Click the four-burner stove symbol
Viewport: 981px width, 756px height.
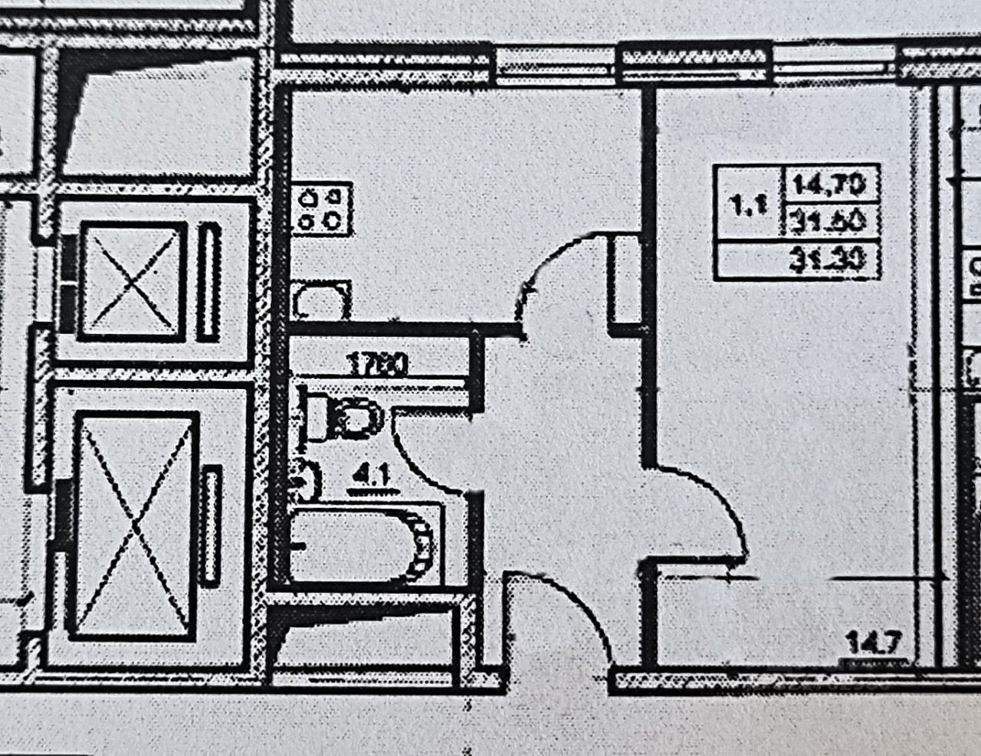coord(323,208)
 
